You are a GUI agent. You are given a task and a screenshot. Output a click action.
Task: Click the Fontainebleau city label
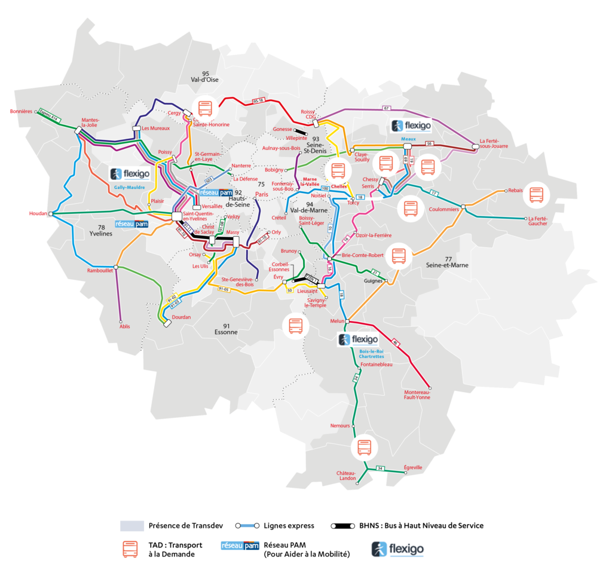click(376, 365)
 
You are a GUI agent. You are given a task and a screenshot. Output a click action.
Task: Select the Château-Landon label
click(346, 475)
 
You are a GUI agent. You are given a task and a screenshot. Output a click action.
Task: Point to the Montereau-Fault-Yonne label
click(417, 394)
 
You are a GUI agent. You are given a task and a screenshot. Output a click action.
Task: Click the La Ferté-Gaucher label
click(537, 221)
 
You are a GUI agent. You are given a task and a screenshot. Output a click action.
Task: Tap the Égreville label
click(413, 467)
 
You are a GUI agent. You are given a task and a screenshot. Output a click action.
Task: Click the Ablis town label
click(124, 326)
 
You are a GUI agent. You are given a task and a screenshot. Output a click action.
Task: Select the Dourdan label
click(180, 317)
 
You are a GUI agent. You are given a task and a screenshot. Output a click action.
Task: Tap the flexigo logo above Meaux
click(411, 126)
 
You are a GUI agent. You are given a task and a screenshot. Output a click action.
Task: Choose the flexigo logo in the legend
click(397, 548)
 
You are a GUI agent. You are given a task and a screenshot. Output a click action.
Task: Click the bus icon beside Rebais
click(536, 195)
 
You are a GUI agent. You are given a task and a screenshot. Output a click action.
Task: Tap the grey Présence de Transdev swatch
click(131, 526)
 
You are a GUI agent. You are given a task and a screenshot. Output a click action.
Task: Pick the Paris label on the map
click(262, 194)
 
